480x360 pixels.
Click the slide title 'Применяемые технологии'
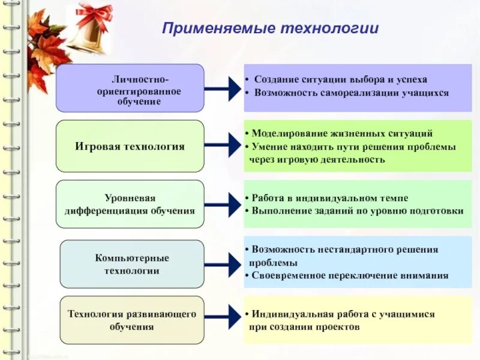[x=271, y=28]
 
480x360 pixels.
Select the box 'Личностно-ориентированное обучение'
[x=130, y=88]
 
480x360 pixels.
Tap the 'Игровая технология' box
[x=130, y=146]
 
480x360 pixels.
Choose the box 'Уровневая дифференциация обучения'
[x=130, y=205]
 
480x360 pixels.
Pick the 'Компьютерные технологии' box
[x=132, y=264]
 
